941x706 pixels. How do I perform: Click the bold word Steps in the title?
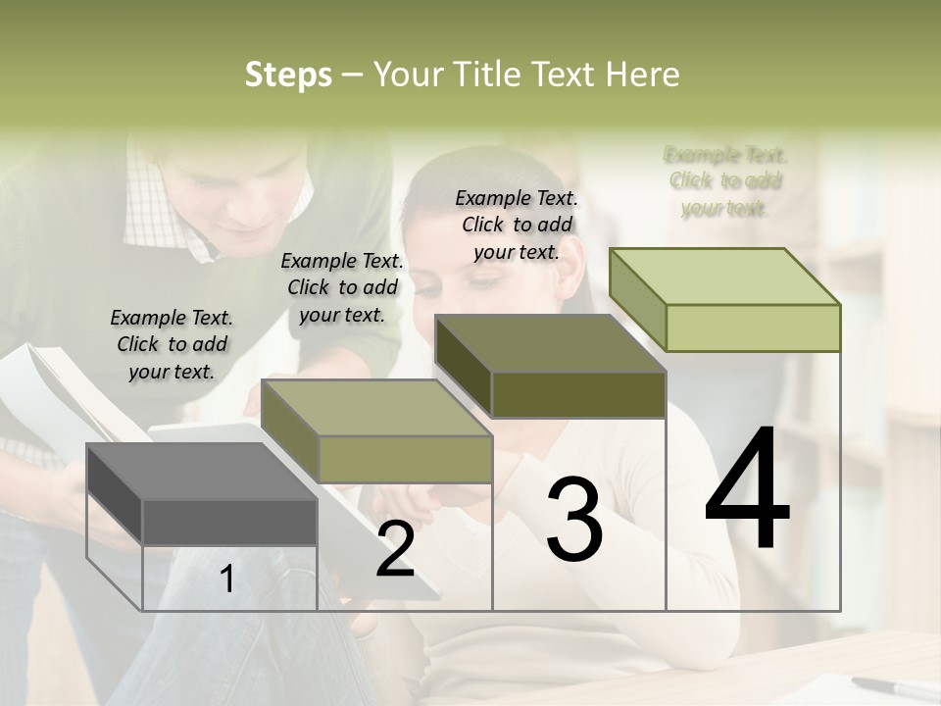[288, 75]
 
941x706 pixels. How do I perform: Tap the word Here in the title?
[642, 75]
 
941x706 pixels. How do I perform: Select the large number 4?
[747, 490]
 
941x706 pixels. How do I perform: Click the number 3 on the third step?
[574, 520]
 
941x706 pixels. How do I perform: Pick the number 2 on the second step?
[395, 550]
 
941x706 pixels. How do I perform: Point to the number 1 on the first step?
[226, 580]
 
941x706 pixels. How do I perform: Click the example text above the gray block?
[172, 344]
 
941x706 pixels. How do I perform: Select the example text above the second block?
[342, 287]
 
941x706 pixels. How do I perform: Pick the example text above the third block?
[517, 225]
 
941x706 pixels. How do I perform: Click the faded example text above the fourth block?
[725, 181]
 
